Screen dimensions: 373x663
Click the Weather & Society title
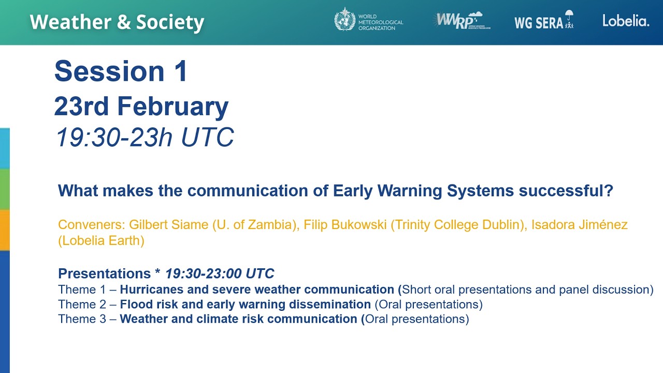[x=117, y=22]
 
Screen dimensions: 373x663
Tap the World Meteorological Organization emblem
[x=345, y=19]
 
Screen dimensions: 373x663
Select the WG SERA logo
[x=543, y=21]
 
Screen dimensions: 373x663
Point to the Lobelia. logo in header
[x=625, y=21]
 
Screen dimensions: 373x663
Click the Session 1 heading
[x=121, y=71]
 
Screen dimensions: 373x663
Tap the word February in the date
[x=172, y=106]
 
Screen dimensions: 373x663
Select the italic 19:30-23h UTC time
[x=145, y=137]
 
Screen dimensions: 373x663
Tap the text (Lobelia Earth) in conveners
[x=101, y=240]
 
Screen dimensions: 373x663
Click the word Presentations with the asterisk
[x=109, y=274]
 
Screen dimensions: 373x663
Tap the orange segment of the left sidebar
[x=5, y=230]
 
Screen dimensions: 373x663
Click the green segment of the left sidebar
[x=5, y=189]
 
